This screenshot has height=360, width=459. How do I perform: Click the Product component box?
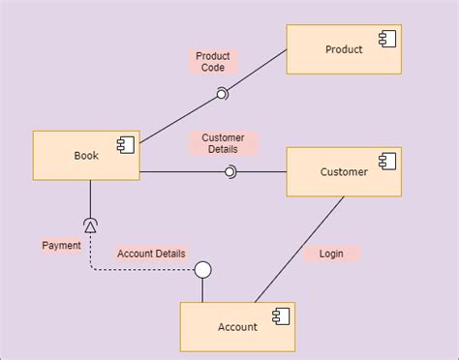pyautogui.click(x=344, y=50)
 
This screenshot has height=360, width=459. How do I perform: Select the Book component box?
pyautogui.click(x=86, y=156)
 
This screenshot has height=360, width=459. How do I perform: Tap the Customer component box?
pyautogui.click(x=344, y=172)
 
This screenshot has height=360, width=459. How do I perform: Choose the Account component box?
pyautogui.click(x=237, y=326)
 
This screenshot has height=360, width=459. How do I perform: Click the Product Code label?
pyautogui.click(x=212, y=62)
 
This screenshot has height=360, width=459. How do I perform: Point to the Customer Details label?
pyautogui.click(x=224, y=143)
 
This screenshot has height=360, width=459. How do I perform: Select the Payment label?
pyautogui.click(x=62, y=246)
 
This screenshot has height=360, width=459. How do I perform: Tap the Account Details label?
pyautogui.click(x=151, y=254)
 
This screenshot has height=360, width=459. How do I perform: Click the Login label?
pyautogui.click(x=331, y=254)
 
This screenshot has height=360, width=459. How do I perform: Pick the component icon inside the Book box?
pyautogui.click(x=125, y=144)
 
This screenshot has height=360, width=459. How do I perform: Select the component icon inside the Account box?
pyautogui.click(x=281, y=315)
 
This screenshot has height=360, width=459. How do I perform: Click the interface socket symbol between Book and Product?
pyautogui.click(x=222, y=93)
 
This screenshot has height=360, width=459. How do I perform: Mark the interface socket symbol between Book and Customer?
pyautogui.click(x=229, y=172)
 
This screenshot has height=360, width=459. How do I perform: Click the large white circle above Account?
pyautogui.click(x=202, y=270)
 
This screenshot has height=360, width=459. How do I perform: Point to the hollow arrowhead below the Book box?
pyautogui.click(x=90, y=225)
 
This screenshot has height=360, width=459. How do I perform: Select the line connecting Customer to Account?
pyautogui.click(x=300, y=249)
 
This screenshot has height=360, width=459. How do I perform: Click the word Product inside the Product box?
pyautogui.click(x=344, y=50)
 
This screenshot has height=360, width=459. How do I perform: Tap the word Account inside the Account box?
pyautogui.click(x=237, y=327)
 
